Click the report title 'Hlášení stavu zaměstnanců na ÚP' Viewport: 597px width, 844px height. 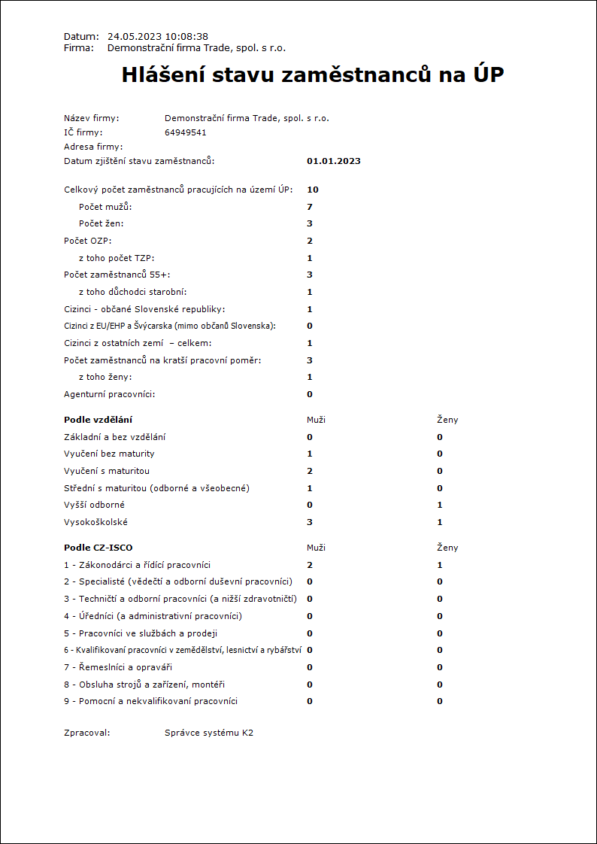click(x=313, y=75)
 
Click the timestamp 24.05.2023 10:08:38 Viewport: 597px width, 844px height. click(x=158, y=36)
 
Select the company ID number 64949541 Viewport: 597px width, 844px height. click(x=185, y=132)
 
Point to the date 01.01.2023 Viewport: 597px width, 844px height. click(x=334, y=161)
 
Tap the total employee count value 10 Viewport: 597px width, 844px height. click(x=312, y=190)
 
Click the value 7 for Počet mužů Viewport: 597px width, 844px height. click(x=309, y=207)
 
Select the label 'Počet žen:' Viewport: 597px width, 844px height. click(x=101, y=223)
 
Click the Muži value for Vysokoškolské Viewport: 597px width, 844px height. click(x=309, y=522)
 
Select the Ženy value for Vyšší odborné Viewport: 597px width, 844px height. click(x=440, y=505)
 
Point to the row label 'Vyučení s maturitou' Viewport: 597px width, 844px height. click(x=107, y=471)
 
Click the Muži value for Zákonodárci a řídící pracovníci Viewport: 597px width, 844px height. click(x=309, y=565)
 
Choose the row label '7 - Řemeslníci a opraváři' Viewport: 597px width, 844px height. click(x=113, y=667)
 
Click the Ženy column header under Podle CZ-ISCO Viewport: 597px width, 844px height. click(x=447, y=548)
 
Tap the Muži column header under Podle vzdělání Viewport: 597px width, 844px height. click(x=316, y=420)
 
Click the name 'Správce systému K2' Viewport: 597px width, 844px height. click(x=209, y=732)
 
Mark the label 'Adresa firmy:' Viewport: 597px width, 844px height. click(x=93, y=147)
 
